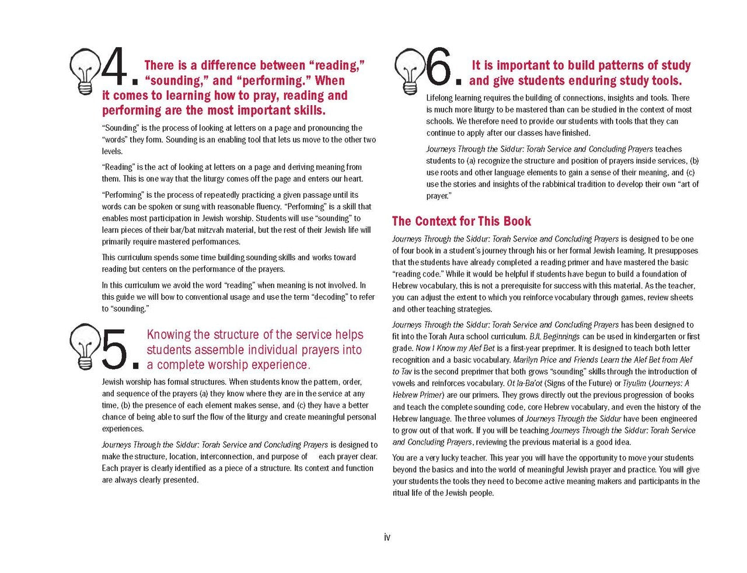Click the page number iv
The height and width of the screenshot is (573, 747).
[387, 537]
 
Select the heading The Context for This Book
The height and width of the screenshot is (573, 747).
[461, 221]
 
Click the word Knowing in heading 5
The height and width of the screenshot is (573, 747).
[169, 334]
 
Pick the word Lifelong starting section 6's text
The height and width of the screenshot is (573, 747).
[442, 98]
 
